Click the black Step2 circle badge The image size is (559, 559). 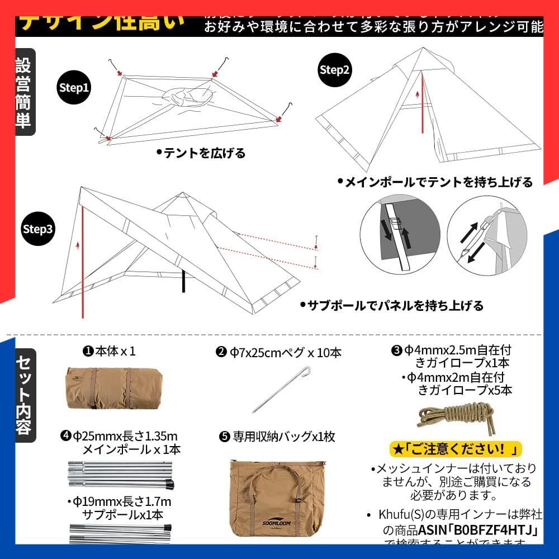click(x=334, y=69)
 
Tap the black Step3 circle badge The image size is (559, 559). click(x=37, y=229)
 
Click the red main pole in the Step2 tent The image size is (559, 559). click(x=423, y=106)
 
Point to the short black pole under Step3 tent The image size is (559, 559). click(x=183, y=282)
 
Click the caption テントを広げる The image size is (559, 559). click(x=201, y=153)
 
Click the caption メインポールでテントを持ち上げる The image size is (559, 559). click(x=435, y=182)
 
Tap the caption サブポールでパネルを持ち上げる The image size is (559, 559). click(x=391, y=305)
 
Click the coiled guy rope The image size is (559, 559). click(x=456, y=416)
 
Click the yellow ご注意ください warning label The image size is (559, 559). click(x=456, y=449)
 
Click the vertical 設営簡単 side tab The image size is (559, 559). click(x=24, y=92)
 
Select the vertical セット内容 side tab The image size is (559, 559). click(x=24, y=395)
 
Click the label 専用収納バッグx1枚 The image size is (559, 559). click(x=277, y=437)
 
